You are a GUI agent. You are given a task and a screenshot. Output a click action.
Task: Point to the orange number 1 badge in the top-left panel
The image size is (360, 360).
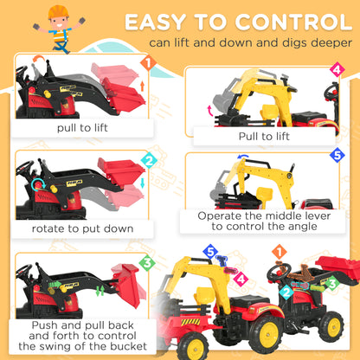147,63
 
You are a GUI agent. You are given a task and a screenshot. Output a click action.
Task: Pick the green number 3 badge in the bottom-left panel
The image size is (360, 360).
147,261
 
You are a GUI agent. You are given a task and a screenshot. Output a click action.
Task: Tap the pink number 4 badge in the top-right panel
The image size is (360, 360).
337,70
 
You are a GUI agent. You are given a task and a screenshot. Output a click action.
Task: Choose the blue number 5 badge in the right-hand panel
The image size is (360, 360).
337,157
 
